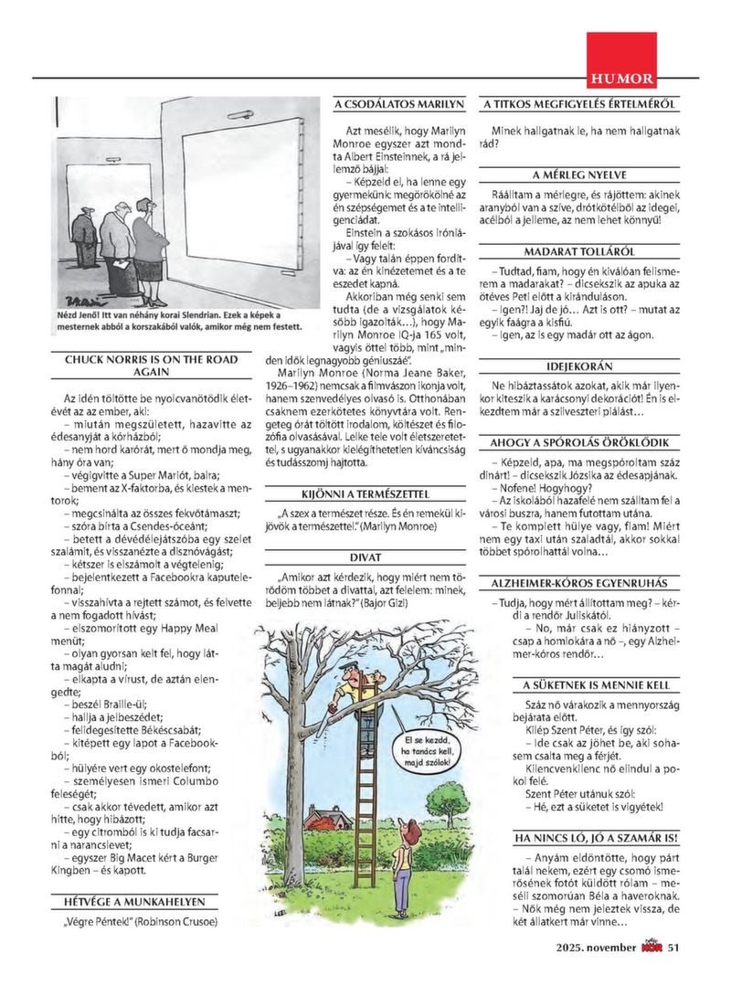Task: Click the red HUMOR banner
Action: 620,79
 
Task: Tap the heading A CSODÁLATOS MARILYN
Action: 399,105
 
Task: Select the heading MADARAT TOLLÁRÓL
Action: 580,251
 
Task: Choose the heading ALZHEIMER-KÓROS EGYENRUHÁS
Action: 580,582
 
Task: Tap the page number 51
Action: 674,948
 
